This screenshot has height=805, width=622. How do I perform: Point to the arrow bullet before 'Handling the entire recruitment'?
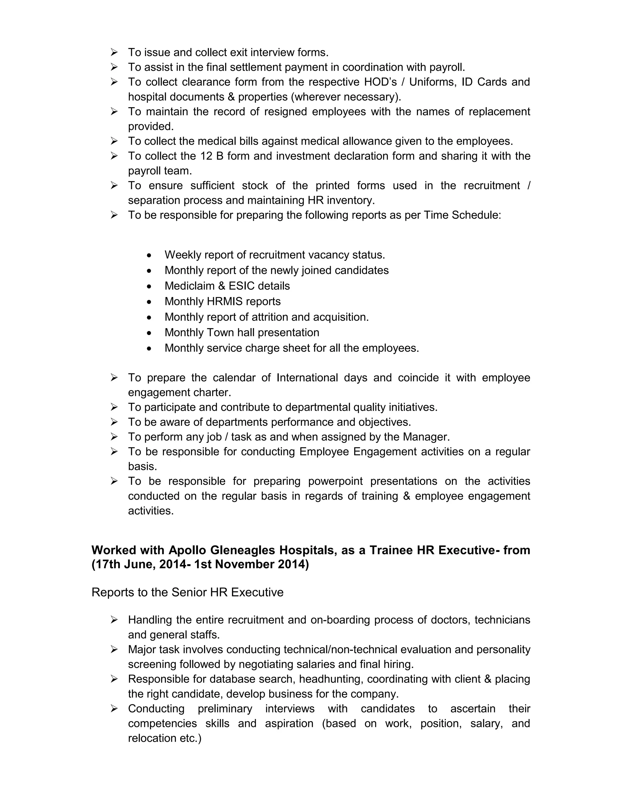tap(114, 620)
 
